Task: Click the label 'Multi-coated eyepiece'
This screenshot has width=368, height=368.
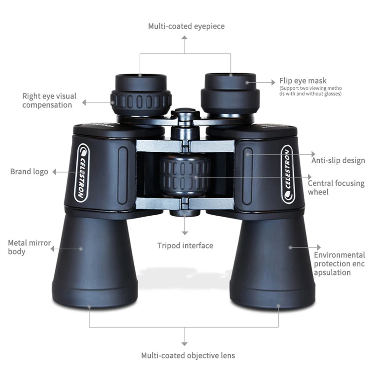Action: click(186, 26)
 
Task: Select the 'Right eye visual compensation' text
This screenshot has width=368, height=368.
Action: click(49, 101)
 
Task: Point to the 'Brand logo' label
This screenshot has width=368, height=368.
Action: click(29, 172)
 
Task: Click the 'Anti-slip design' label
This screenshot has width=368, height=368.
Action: click(338, 160)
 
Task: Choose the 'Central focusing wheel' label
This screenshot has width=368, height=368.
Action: click(336, 187)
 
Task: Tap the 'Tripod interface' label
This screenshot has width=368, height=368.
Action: click(185, 246)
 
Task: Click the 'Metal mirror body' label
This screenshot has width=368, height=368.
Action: click(29, 247)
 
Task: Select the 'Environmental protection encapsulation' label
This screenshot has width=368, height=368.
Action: click(339, 263)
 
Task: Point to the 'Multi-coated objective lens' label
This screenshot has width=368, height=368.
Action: click(188, 355)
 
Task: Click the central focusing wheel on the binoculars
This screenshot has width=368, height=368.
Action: click(185, 175)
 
